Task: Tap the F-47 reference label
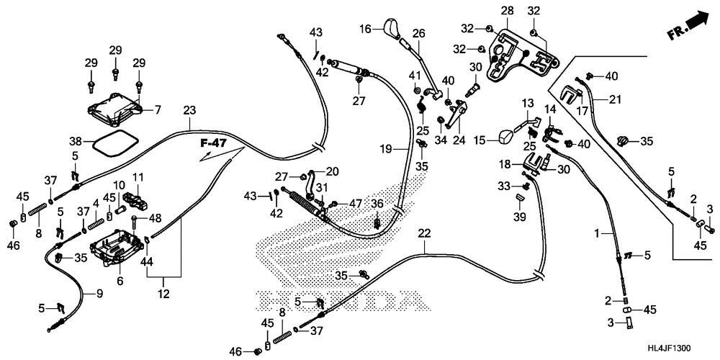213,144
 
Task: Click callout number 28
508,11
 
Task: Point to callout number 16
366,29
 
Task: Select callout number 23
189,111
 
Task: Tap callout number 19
387,149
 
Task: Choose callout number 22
424,233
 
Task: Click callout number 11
138,176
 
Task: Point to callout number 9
99,293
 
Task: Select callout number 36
377,204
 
